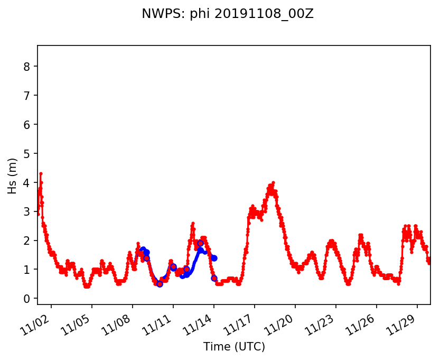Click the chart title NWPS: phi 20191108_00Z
228,14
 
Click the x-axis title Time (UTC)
234,347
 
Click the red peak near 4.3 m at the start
41,173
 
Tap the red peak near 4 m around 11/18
273,182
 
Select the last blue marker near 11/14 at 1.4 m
214,258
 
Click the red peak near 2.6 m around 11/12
193,223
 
